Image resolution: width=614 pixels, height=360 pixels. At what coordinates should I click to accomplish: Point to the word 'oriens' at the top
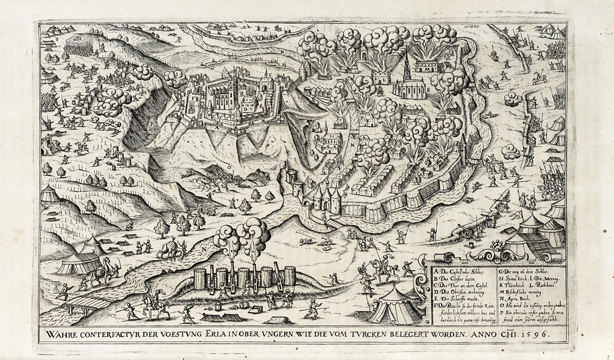tap(471, 27)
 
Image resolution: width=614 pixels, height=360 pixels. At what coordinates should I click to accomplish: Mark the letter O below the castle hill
tap(229, 166)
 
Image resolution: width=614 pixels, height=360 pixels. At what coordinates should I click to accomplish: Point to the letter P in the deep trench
tap(153, 121)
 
